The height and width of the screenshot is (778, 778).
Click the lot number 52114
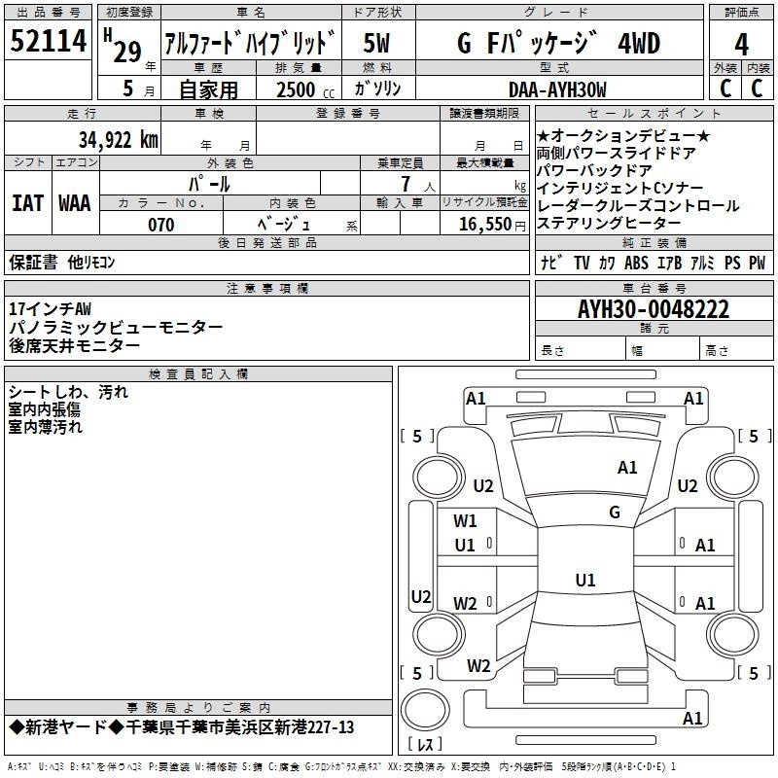[x=48, y=41]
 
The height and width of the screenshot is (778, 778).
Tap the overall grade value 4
[x=741, y=45]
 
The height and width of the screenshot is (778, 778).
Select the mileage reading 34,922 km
[x=118, y=140]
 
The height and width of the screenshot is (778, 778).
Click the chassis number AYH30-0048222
[x=654, y=309]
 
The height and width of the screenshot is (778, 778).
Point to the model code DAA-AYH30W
[x=557, y=89]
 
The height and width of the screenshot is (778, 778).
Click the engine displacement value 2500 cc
[x=305, y=90]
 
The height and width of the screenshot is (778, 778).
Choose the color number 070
[x=160, y=225]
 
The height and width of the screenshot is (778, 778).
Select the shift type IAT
[x=27, y=203]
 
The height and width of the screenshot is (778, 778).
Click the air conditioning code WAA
[x=75, y=203]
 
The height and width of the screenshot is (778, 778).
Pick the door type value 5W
[x=376, y=43]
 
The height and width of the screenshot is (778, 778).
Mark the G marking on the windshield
[x=615, y=512]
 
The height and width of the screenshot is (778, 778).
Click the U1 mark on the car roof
[x=585, y=580]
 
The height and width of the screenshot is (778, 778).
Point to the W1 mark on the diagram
[x=465, y=521]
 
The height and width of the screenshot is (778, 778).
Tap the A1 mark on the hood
[x=627, y=468]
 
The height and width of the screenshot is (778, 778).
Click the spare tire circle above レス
[x=425, y=709]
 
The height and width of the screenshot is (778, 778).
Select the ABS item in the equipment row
[x=636, y=263]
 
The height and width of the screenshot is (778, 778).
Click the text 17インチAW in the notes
[x=51, y=309]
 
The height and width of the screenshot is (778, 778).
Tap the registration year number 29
[x=127, y=52]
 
